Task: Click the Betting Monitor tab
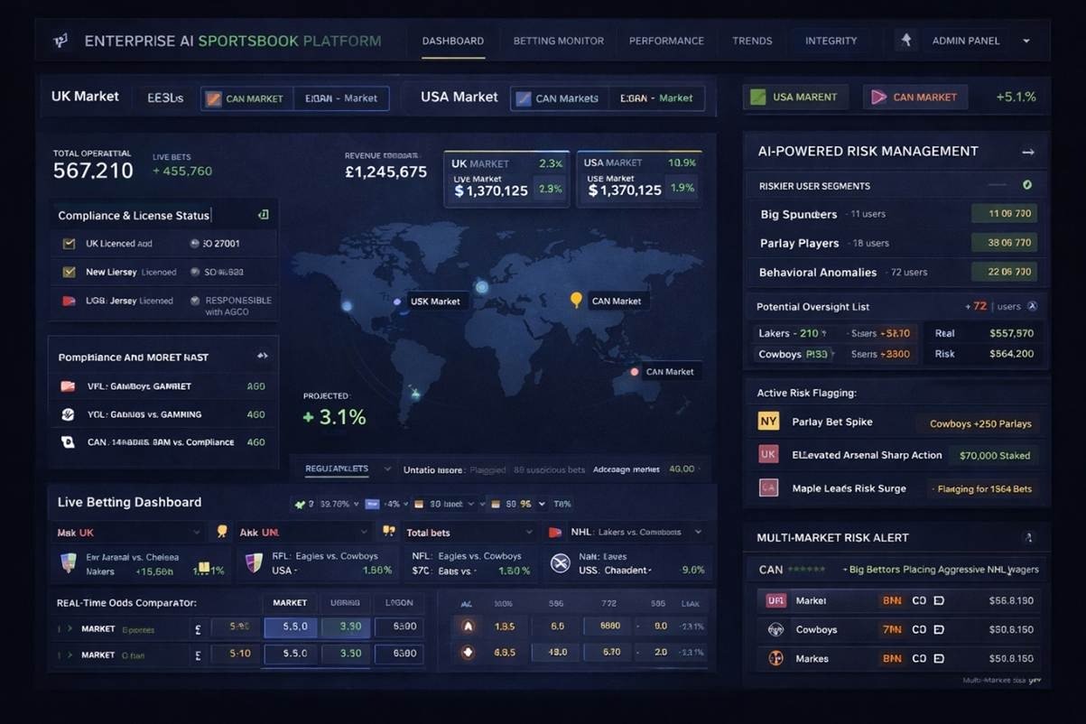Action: [558, 41]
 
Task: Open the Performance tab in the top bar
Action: [666, 41]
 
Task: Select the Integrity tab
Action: [831, 41]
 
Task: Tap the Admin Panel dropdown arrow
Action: [1026, 41]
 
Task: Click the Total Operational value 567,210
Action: [93, 171]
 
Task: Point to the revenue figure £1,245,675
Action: [385, 172]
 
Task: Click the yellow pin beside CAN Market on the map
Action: [576, 300]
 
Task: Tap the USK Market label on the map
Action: [435, 302]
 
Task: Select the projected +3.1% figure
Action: [334, 416]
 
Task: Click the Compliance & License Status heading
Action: [134, 216]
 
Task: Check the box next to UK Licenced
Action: [69, 244]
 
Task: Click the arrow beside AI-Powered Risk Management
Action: [1027, 152]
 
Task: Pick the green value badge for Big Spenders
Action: [1004, 214]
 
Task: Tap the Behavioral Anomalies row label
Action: [818, 272]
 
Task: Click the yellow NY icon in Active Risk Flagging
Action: [768, 422]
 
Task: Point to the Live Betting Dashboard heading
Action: [129, 502]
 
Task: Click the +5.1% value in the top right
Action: [1016, 97]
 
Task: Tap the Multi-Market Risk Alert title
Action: [833, 537]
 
